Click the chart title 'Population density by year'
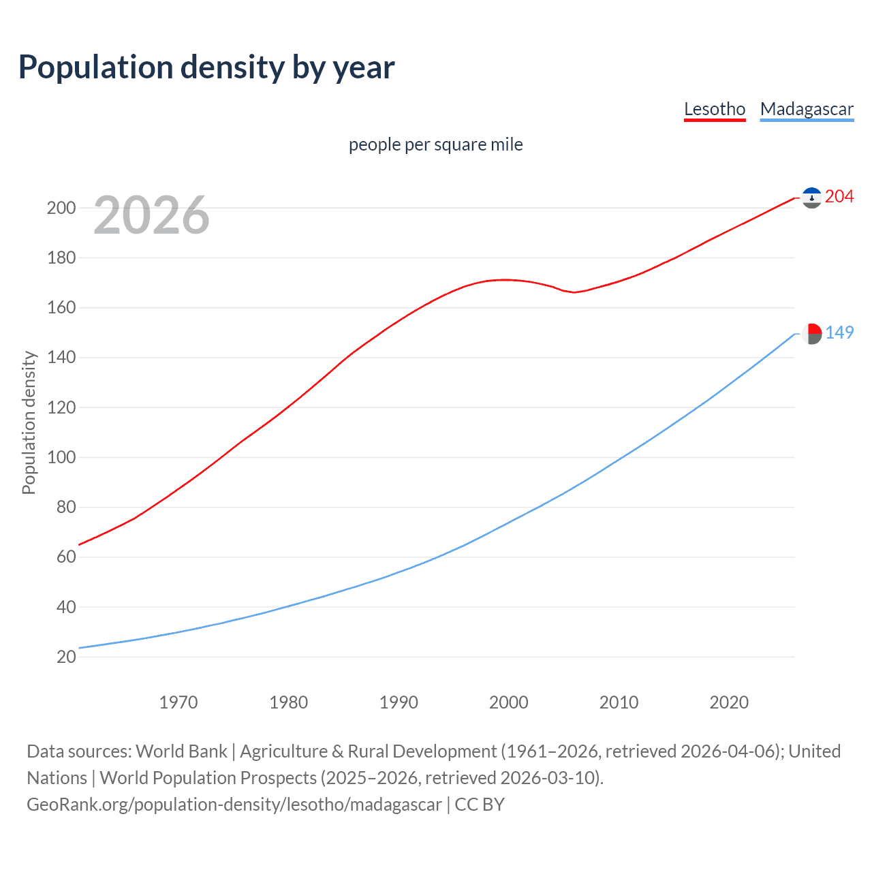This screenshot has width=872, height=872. (206, 67)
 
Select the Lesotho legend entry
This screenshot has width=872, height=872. (715, 109)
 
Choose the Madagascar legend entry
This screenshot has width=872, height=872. (807, 109)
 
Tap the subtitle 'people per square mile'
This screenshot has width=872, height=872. (435, 144)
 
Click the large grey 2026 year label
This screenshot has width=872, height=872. (151, 215)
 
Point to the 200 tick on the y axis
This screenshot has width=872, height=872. (61, 208)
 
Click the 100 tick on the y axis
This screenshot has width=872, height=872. (61, 457)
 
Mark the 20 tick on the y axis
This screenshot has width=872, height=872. (66, 657)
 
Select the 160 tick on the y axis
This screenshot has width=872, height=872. (61, 308)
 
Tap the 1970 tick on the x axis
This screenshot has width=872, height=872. (178, 702)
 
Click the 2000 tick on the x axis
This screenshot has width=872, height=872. (509, 702)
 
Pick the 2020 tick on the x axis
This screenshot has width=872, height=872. (729, 702)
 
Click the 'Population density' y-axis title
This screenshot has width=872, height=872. (29, 422)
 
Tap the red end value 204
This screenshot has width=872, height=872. (839, 197)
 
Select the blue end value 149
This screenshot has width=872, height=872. (839, 332)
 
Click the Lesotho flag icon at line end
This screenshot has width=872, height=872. (811, 198)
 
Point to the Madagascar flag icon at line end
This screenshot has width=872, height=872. (811, 334)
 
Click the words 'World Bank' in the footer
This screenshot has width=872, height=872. (181, 751)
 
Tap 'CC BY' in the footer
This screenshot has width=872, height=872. (480, 805)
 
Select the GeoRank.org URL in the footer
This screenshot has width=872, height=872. (234, 805)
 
